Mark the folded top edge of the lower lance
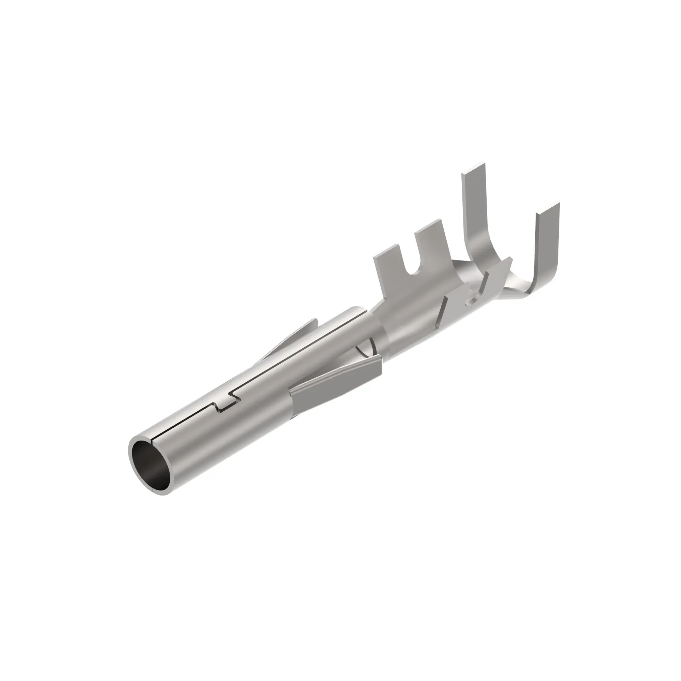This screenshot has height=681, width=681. pos(335,374)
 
